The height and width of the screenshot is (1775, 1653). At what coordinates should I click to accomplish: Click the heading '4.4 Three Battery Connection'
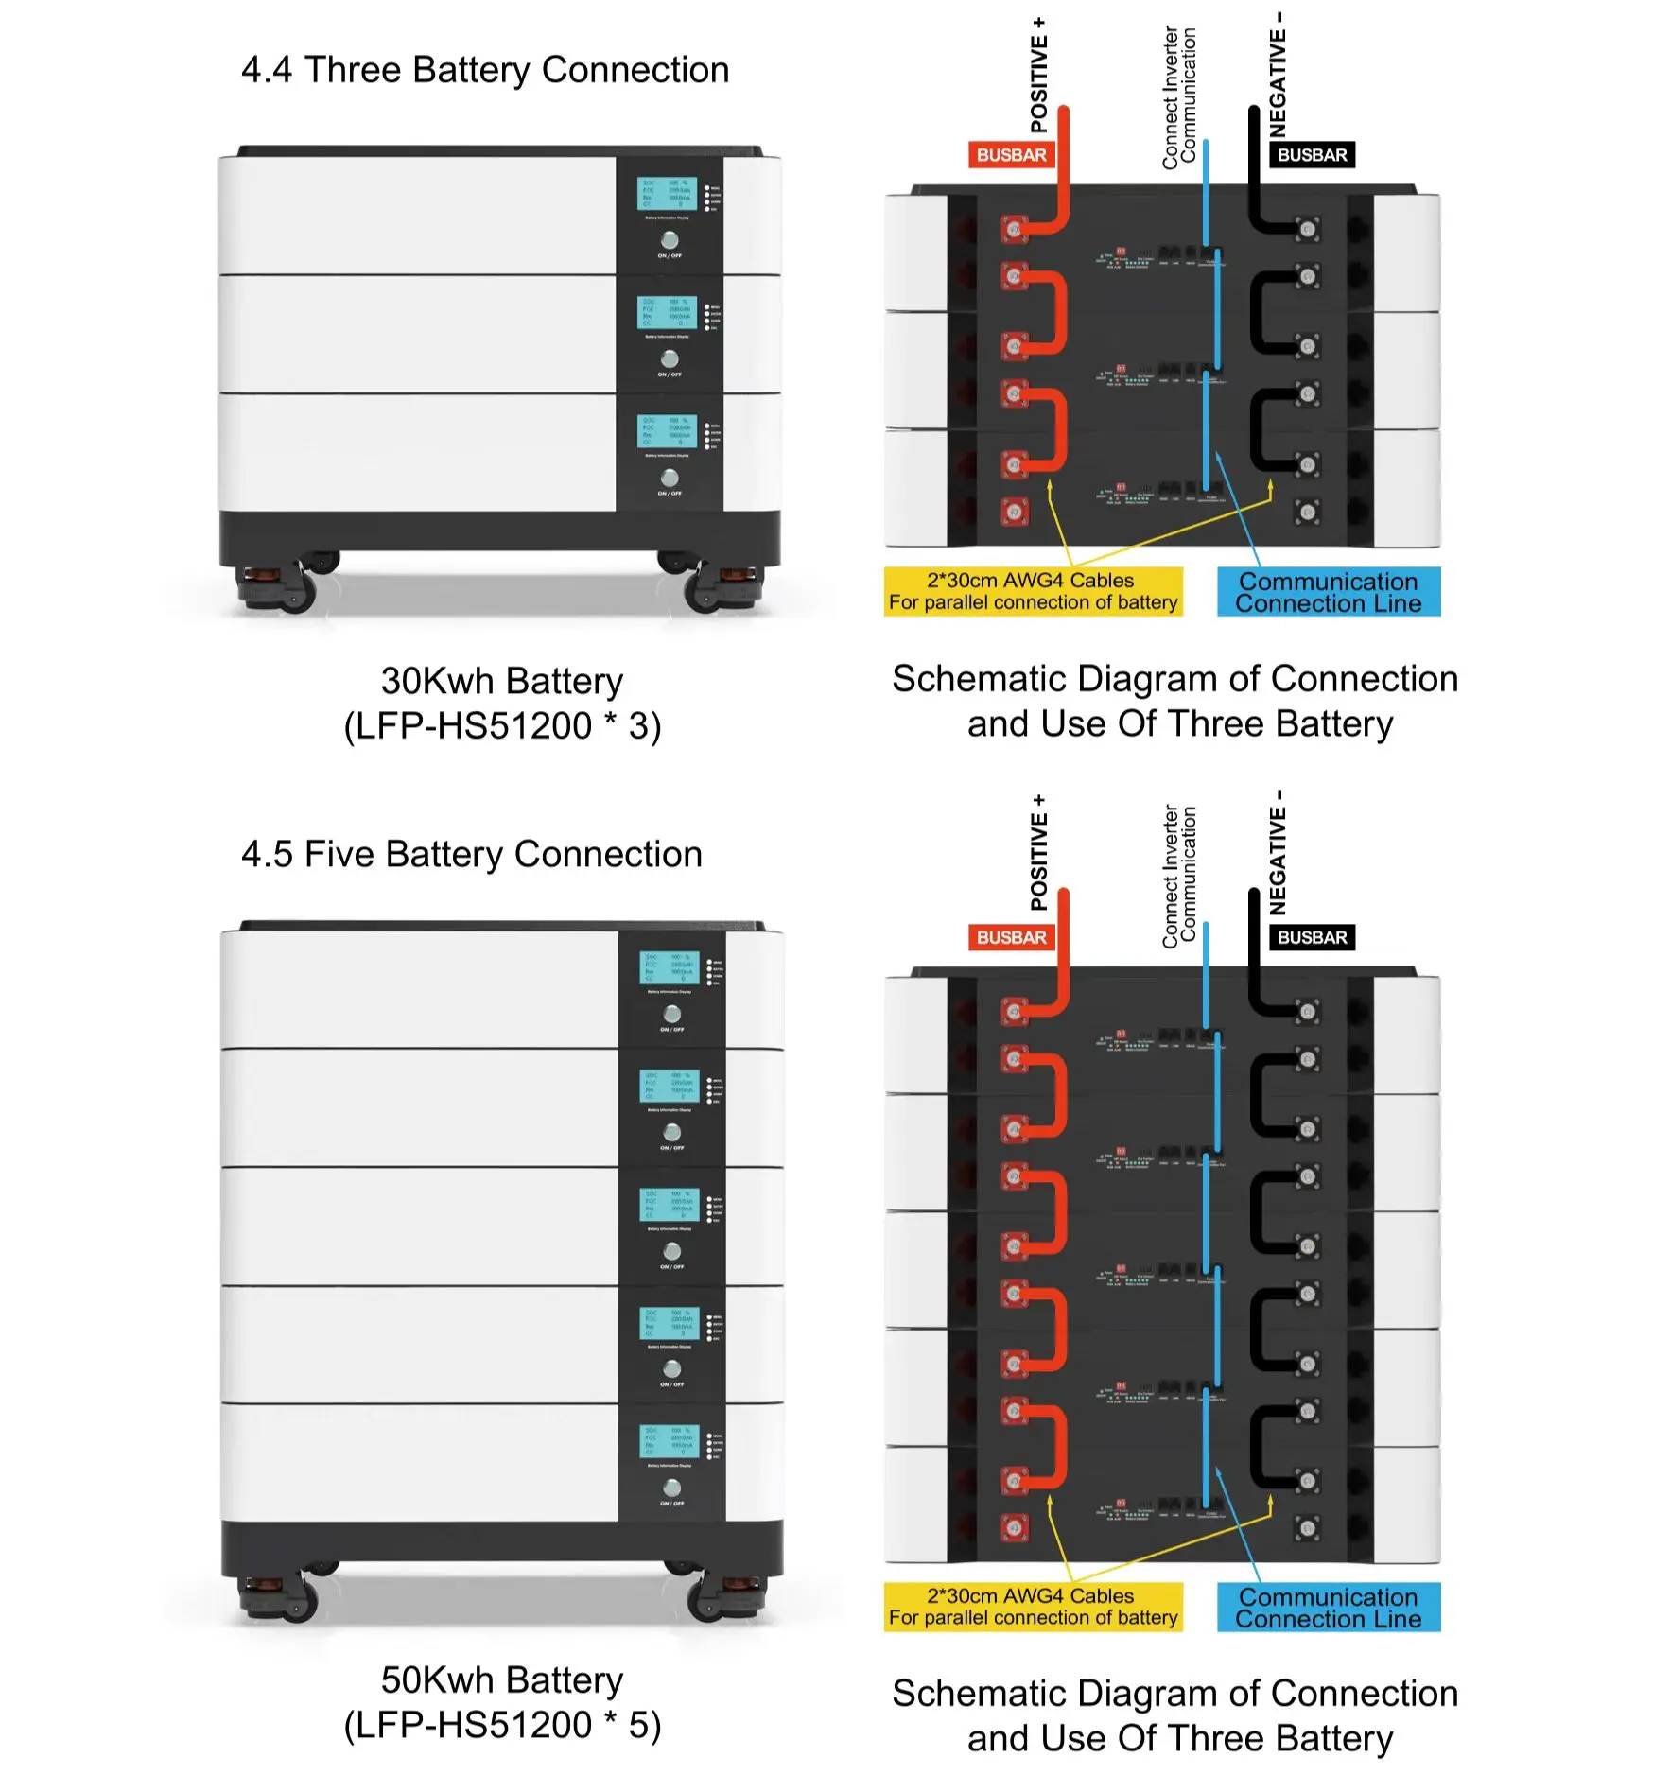485,70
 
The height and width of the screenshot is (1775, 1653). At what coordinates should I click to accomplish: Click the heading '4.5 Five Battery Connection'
472,854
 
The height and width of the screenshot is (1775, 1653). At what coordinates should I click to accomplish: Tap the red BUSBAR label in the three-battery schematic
1011,155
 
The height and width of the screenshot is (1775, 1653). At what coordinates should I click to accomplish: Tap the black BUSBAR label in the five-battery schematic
1312,937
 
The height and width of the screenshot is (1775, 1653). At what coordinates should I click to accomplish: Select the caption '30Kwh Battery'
502,681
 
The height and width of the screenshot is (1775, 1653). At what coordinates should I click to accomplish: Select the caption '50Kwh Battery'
502,1680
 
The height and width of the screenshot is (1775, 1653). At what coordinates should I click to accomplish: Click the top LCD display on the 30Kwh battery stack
666,194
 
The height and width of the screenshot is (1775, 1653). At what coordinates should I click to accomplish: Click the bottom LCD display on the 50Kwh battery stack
669,1441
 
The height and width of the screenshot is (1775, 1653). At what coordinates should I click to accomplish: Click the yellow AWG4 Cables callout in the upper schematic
1033,591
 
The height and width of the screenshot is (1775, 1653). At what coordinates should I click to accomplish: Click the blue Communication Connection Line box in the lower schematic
1328,1608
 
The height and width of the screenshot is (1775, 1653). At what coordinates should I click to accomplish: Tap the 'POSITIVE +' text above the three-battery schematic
1039,76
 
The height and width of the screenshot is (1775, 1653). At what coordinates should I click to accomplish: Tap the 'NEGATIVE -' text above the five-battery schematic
1278,853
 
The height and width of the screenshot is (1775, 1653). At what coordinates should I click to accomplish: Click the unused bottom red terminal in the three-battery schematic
1015,512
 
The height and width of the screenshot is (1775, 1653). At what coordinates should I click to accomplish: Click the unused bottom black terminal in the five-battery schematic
1308,1527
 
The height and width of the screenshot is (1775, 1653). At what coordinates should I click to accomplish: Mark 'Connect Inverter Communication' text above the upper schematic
1179,99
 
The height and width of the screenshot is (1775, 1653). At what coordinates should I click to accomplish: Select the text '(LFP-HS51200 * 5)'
502,1725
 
